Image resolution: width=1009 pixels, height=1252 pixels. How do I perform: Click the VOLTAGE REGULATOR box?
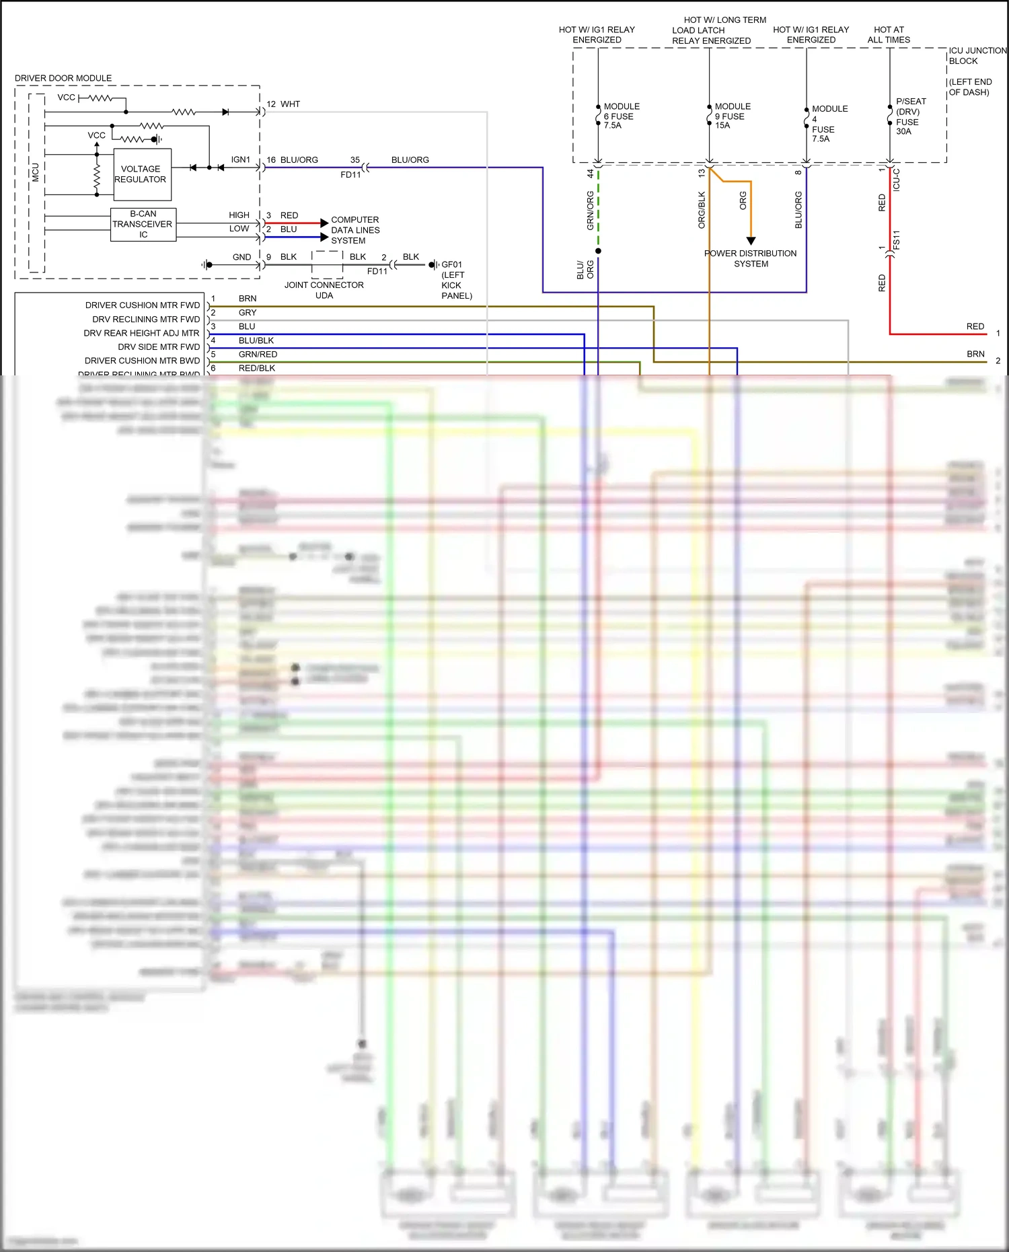tap(142, 174)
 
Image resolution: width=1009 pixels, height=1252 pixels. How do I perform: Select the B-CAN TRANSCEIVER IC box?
tap(143, 225)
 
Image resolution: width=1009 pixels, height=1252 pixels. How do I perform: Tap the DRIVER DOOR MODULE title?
tap(63, 78)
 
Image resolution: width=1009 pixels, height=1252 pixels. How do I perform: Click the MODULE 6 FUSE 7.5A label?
tap(621, 116)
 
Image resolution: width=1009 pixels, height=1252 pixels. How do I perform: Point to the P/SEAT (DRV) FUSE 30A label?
tap(910, 116)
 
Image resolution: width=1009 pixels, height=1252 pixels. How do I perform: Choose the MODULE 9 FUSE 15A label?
tap(732, 116)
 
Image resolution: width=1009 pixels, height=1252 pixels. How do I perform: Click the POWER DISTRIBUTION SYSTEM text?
tap(750, 258)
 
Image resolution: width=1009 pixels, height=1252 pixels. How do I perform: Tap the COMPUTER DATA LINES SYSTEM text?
tap(354, 230)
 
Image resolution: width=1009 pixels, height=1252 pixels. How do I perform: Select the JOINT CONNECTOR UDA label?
tap(324, 290)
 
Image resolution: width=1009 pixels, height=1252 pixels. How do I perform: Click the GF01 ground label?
tap(451, 265)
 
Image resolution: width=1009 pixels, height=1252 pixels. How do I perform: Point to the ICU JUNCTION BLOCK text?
tap(977, 56)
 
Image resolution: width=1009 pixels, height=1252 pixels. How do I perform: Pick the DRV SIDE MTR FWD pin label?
tap(159, 347)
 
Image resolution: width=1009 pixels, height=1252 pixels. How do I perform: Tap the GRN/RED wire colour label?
tap(258, 355)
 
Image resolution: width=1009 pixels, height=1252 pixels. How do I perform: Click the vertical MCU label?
tap(36, 172)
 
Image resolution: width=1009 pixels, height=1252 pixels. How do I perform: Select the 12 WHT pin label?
tap(283, 104)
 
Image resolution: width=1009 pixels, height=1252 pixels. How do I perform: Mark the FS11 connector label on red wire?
tap(897, 240)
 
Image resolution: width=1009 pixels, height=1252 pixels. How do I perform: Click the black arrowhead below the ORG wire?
tap(751, 241)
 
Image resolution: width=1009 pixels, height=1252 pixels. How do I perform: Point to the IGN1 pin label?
tap(240, 160)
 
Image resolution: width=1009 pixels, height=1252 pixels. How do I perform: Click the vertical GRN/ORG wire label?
tap(590, 211)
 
